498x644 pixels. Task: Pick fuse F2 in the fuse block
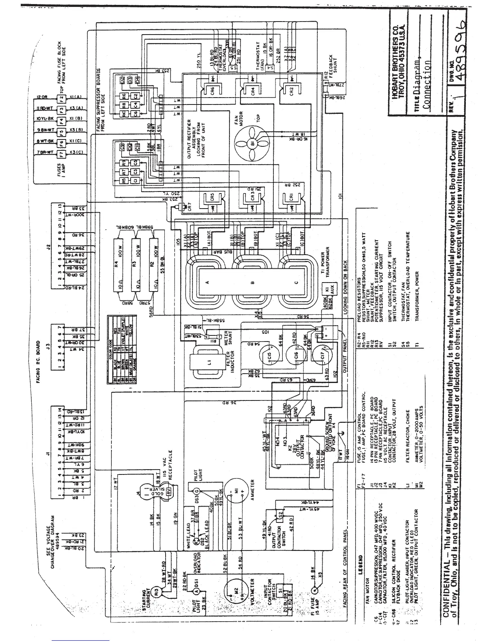pyautogui.click(x=62, y=98)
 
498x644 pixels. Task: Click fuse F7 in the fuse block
pyautogui.click(x=62, y=154)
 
